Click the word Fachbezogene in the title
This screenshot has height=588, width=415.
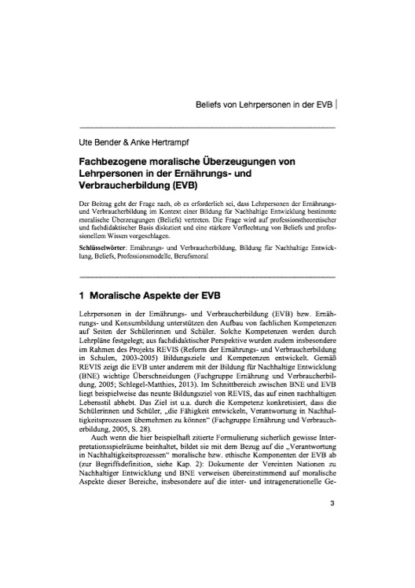pos(112,161)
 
